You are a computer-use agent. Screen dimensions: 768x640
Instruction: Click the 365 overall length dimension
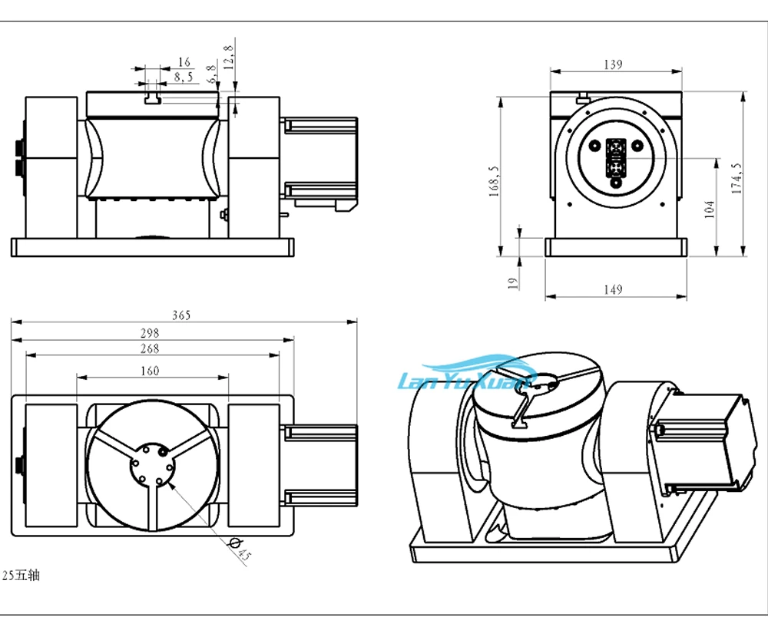pyautogui.click(x=181, y=315)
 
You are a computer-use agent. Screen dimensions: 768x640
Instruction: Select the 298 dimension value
pyautogui.click(x=150, y=333)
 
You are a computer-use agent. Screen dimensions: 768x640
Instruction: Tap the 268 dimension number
pyautogui.click(x=150, y=349)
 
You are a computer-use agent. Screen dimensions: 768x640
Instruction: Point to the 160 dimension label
pyautogui.click(x=150, y=371)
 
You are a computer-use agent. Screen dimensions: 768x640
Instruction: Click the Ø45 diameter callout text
pyautogui.click(x=240, y=549)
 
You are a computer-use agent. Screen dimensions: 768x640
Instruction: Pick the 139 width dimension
pyautogui.click(x=613, y=64)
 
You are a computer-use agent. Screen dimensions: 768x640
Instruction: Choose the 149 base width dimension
pyautogui.click(x=613, y=289)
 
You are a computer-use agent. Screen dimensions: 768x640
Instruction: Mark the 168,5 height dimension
pyautogui.click(x=494, y=181)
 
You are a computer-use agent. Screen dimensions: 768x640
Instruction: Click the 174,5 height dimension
pyautogui.click(x=737, y=178)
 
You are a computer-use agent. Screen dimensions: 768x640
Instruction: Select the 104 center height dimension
pyautogui.click(x=709, y=209)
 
